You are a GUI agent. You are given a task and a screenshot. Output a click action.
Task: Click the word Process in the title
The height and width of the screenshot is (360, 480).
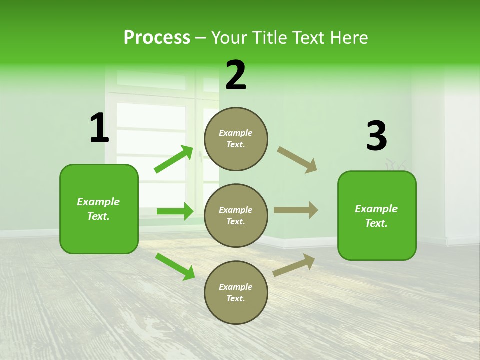(x=157, y=37)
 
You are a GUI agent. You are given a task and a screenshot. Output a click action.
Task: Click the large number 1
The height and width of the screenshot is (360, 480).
(x=99, y=128)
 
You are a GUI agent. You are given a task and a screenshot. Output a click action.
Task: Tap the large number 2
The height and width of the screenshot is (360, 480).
(x=236, y=75)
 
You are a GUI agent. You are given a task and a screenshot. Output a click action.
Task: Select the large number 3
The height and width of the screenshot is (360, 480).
(x=376, y=136)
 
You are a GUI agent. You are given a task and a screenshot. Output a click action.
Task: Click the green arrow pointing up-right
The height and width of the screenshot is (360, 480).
(x=174, y=159)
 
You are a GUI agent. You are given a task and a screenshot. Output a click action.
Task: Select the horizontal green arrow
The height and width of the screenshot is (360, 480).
(x=175, y=211)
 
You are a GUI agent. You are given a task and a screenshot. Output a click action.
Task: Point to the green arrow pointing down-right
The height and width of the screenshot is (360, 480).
(x=175, y=266)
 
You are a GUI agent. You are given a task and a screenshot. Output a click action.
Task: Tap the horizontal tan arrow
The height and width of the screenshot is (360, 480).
(x=296, y=210)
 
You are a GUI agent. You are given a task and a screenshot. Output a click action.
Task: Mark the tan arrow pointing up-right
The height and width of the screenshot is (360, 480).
(x=294, y=265)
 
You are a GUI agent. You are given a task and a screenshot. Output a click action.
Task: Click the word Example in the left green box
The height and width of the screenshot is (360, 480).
(x=98, y=202)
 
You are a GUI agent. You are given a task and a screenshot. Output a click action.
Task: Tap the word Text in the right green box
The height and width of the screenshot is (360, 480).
(x=376, y=223)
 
